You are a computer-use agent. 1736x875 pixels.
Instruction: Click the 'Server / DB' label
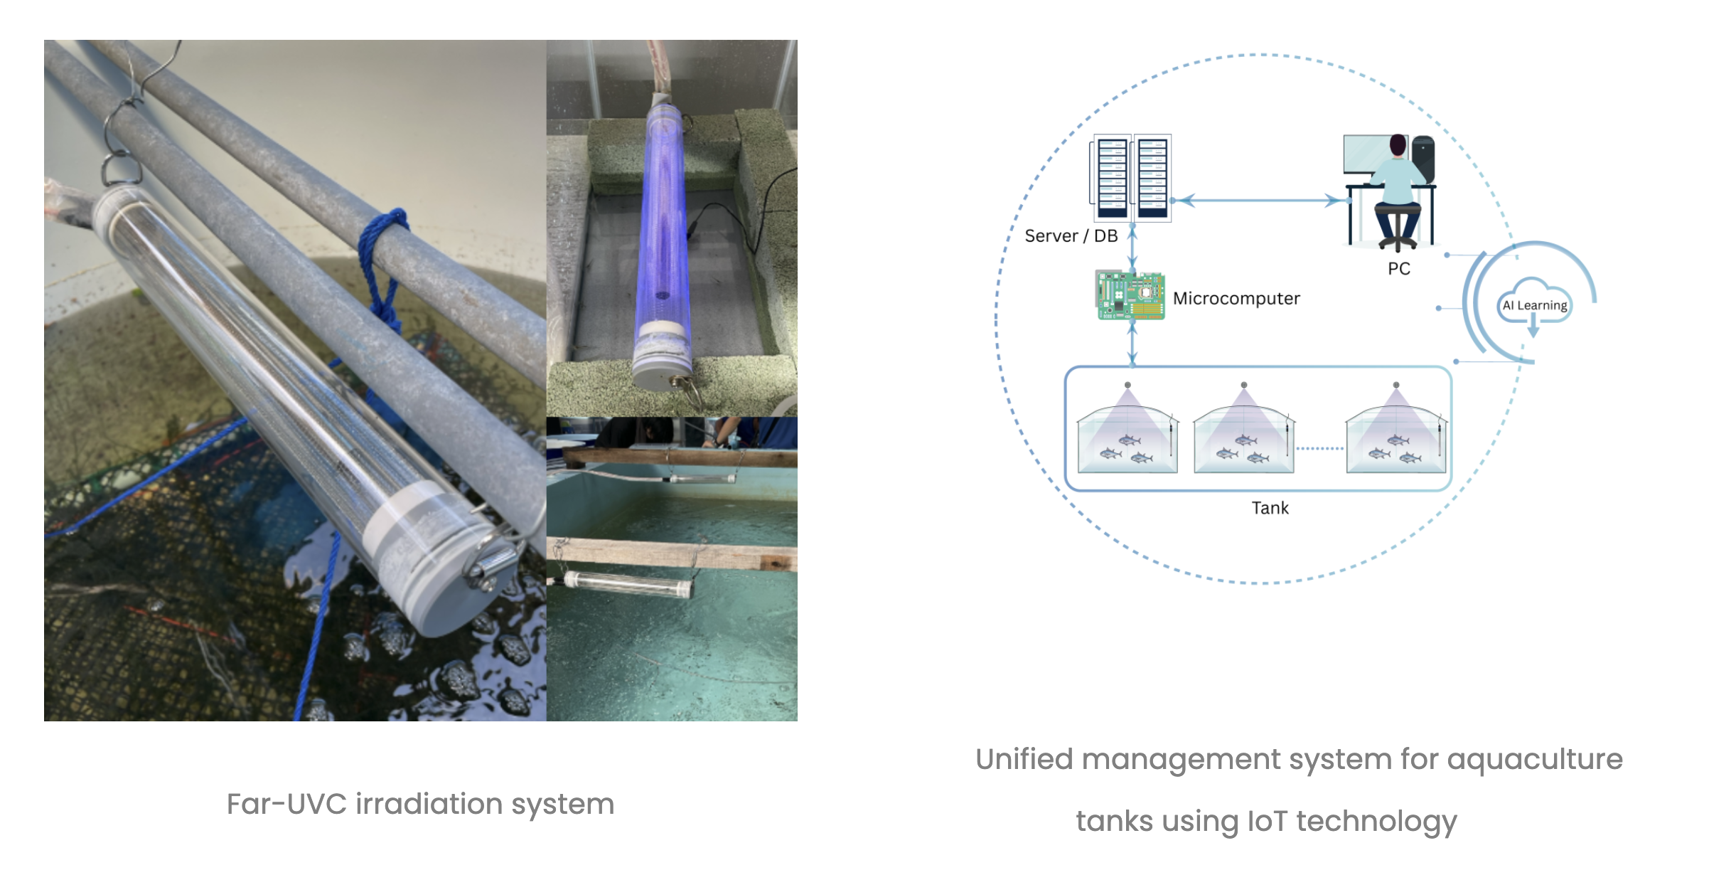coord(1071,236)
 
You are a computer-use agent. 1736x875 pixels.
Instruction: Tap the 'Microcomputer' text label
coord(1236,299)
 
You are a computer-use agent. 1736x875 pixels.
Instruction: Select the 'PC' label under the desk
coord(1398,269)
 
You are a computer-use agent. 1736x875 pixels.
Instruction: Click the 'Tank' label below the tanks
coord(1270,508)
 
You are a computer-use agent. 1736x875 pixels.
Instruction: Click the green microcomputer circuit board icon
coord(1130,295)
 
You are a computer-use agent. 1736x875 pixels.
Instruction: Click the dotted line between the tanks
coord(1319,449)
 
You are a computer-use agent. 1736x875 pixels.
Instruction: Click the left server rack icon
coord(1113,178)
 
